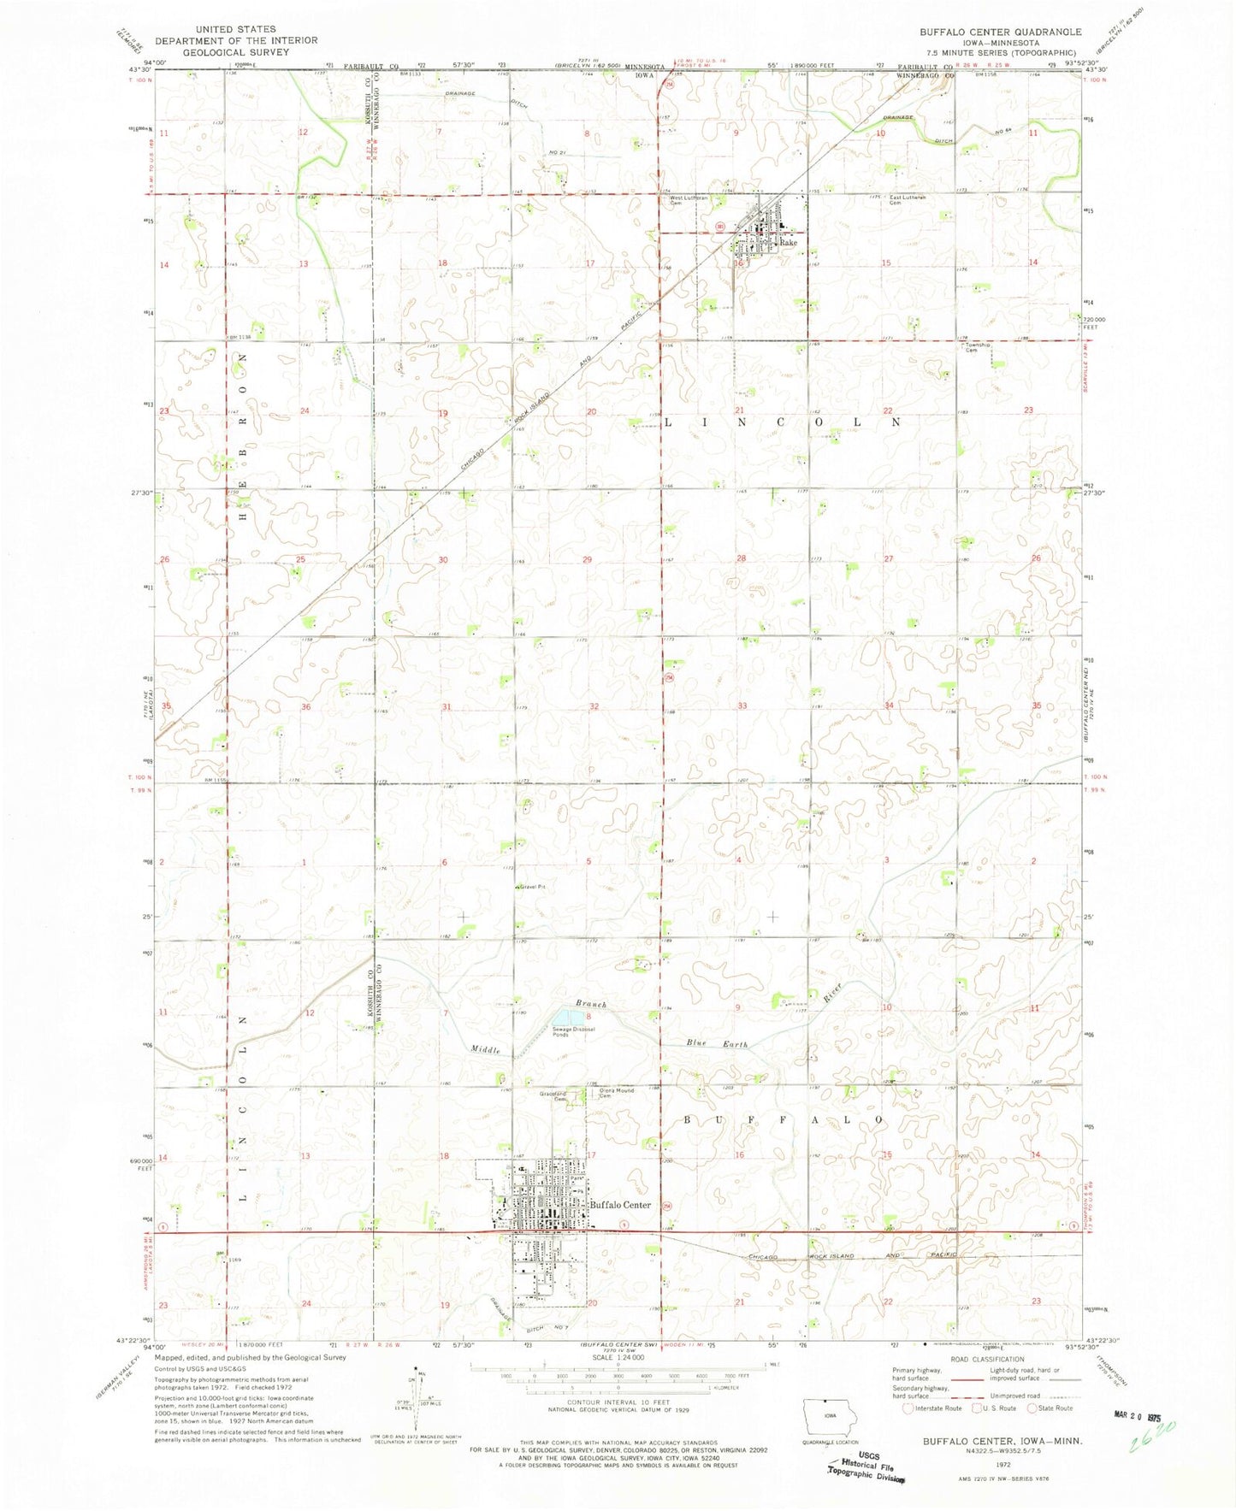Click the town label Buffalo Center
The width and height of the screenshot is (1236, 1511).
coord(620,1205)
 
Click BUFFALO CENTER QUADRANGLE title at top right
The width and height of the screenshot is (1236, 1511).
coord(1000,32)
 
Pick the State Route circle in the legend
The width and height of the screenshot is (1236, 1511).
coord(1032,1408)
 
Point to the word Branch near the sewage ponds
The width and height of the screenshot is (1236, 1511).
coord(590,1004)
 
